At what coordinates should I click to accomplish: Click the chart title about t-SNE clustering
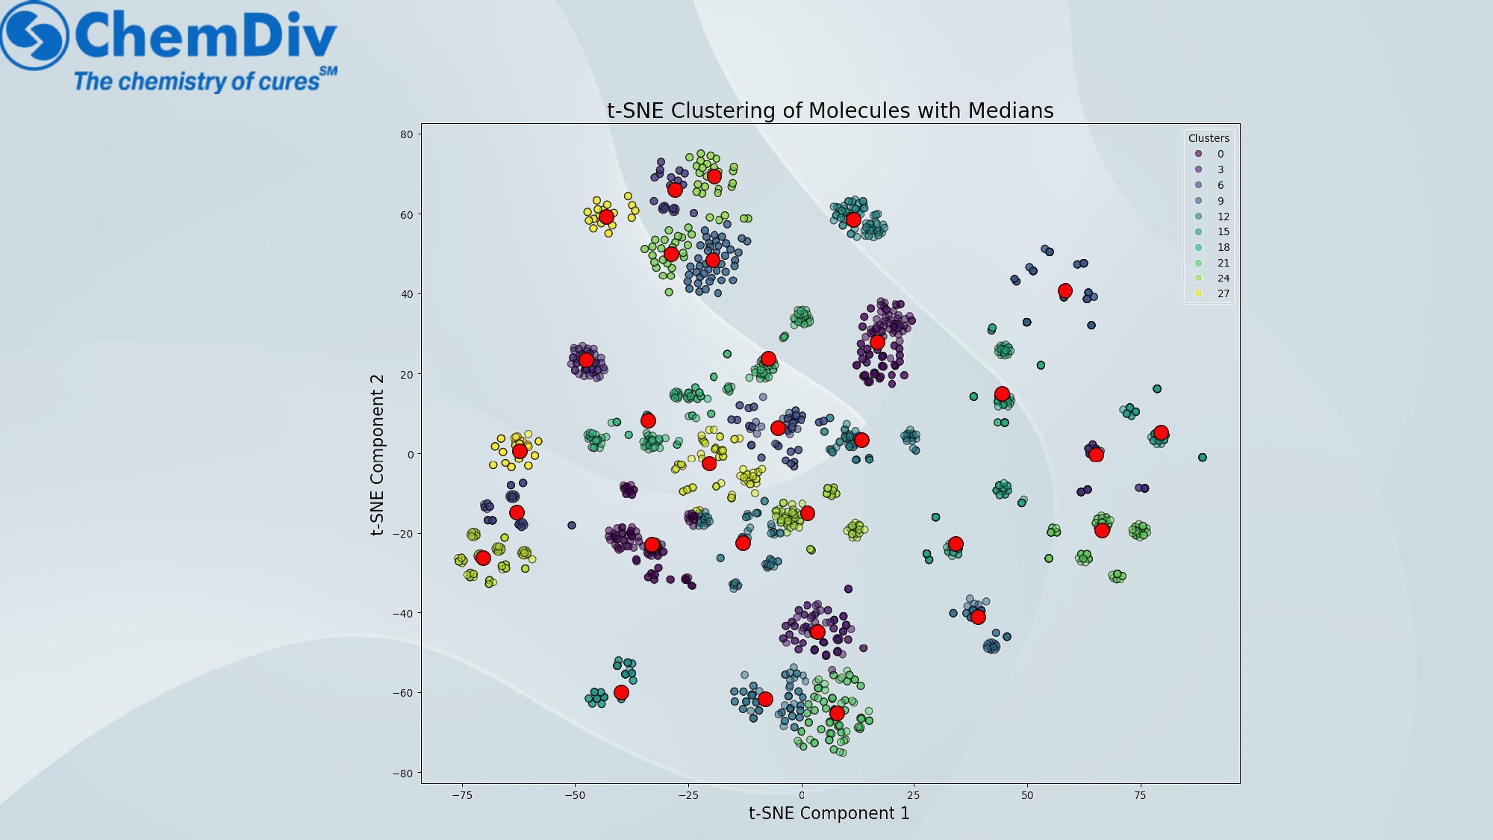click(x=830, y=111)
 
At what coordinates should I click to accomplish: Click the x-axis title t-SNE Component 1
click(x=829, y=813)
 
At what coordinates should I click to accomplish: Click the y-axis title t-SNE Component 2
click(x=378, y=455)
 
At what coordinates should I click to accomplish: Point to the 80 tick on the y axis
click(x=406, y=134)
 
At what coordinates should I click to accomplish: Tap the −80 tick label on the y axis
click(x=402, y=774)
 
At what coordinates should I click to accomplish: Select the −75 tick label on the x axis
click(x=462, y=795)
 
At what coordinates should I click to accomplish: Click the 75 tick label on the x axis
click(x=1140, y=795)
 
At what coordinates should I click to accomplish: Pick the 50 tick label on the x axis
click(x=1027, y=795)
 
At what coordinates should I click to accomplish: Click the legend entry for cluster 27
click(x=1212, y=293)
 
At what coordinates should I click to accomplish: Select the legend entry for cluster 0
click(x=1209, y=154)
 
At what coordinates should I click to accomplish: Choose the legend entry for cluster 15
click(x=1212, y=231)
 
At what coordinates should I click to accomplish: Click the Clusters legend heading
click(x=1209, y=138)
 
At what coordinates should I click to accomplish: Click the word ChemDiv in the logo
click(x=206, y=35)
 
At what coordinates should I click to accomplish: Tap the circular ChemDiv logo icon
click(x=34, y=35)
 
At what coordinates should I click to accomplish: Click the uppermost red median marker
click(x=714, y=176)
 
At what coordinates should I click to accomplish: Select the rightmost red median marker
click(x=1161, y=433)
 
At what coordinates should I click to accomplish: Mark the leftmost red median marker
click(x=483, y=558)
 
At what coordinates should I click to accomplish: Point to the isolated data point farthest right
click(x=1202, y=458)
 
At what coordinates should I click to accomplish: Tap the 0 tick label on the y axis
click(x=410, y=454)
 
